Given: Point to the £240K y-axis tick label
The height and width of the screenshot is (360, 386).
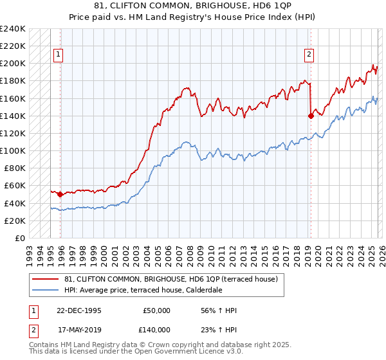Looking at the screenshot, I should (x=12, y=29).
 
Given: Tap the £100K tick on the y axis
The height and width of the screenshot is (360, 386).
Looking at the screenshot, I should (x=12, y=150).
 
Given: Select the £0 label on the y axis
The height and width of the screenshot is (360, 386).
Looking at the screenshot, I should (x=19, y=238).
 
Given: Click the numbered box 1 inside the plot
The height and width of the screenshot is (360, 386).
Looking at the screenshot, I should (x=58, y=55).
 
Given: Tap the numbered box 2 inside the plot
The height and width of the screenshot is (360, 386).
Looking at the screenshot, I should (x=309, y=55).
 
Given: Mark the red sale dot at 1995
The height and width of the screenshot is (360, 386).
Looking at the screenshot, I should (x=60, y=194).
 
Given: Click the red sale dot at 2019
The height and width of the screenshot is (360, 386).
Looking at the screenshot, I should (x=311, y=116).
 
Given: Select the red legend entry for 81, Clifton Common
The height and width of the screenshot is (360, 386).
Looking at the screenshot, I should (x=170, y=279).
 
